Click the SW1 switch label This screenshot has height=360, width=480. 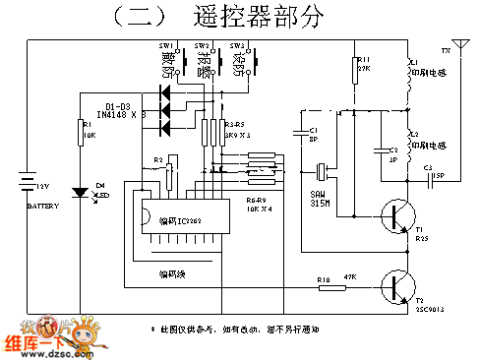pyautogui.click(x=165, y=46)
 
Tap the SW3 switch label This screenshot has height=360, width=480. pyautogui.click(x=236, y=46)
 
